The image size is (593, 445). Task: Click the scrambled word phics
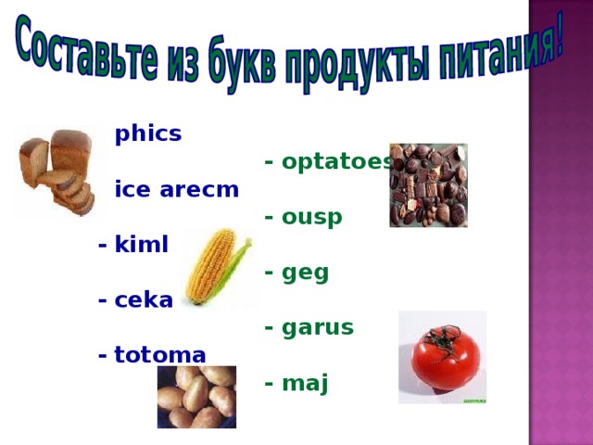coord(147,134)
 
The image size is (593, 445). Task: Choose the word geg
coord(306,273)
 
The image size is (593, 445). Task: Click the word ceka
coord(144,300)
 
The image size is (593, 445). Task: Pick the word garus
coord(318,327)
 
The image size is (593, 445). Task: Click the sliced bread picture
coord(57,172)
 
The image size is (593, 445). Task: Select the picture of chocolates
coord(428,185)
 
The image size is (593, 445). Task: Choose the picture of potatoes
coord(196,397)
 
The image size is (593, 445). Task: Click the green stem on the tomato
coord(446,336)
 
